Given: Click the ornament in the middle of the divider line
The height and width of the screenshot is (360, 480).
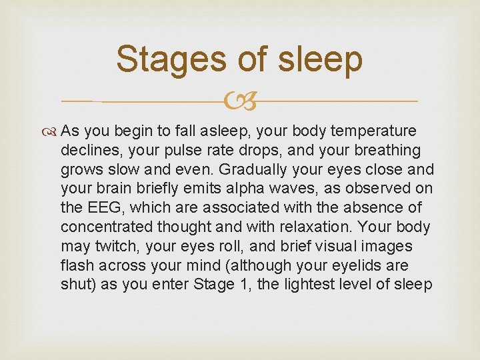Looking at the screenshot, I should pos(240,102).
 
